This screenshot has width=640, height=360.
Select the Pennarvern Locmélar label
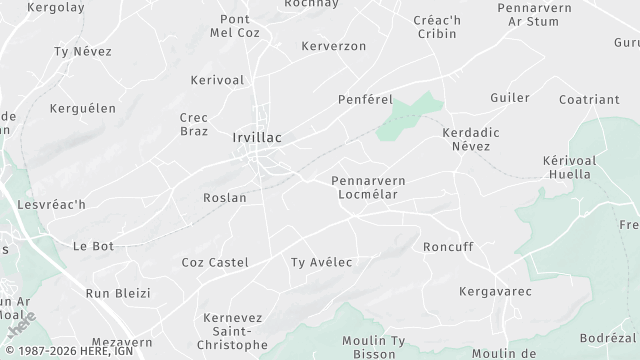coord(368,187)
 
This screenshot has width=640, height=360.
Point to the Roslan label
coord(224,198)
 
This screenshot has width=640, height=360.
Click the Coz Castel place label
coord(214,262)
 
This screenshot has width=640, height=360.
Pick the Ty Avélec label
coord(321,262)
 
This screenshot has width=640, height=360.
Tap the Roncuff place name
coord(447,246)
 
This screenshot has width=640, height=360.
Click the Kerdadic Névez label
coord(471,139)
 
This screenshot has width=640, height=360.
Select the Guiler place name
coord(509,97)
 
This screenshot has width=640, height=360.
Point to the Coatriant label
coord(589,99)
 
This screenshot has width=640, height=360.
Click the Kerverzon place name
coord(333,46)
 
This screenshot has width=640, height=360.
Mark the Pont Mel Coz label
coord(234,26)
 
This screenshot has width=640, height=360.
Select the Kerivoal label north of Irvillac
coord(217,79)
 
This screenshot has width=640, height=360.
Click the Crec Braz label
coord(193,123)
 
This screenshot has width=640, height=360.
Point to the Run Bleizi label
coord(117,293)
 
